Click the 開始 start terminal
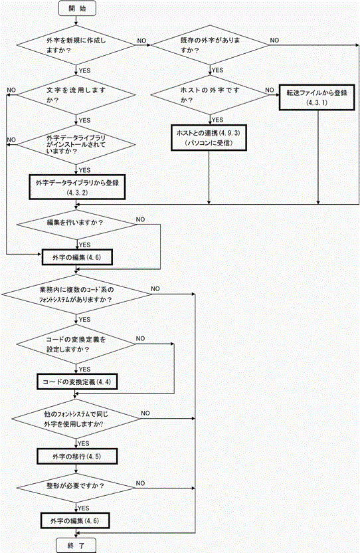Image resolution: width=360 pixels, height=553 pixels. coord(77,9)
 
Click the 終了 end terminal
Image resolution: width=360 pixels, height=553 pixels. coord(76,545)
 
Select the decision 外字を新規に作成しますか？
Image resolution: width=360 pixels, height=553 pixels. coord(76,45)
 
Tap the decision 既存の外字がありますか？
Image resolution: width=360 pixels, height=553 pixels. coord(210,45)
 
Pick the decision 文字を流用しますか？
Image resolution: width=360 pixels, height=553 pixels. coord(76,95)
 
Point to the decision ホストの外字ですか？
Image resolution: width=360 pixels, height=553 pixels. coord(210,95)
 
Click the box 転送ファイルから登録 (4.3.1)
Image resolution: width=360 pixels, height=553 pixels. coord(317,97)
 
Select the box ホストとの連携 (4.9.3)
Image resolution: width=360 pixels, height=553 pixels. coord(209,138)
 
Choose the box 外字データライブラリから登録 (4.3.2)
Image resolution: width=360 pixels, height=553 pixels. coord(77,187)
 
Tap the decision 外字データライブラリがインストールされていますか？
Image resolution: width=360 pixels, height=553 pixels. coord(76,145)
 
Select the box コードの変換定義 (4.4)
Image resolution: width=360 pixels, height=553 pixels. coord(77,382)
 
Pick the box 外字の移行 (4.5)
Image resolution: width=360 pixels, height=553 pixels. coord(77,457)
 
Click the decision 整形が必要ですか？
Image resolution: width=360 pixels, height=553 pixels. coord(76,488)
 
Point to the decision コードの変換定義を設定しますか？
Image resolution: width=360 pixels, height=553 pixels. coord(76,344)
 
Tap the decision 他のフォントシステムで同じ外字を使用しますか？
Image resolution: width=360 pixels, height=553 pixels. coord(76,419)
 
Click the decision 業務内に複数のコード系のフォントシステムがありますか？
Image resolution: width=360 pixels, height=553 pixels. coord(76,294)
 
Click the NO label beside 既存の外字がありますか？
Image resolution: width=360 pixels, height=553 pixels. coord(274,41)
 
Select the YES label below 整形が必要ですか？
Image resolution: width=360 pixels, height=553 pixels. coord(83,508)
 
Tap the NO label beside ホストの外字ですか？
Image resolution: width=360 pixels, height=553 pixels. coord(270,90)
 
